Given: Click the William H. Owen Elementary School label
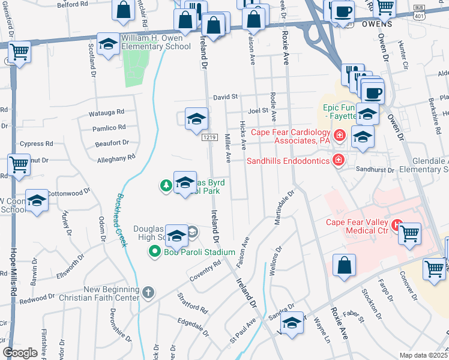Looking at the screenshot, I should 156,42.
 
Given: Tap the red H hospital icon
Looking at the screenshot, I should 396,226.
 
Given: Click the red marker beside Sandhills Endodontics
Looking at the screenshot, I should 339,160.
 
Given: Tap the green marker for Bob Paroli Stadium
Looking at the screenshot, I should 155,252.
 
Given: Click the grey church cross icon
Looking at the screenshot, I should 148,293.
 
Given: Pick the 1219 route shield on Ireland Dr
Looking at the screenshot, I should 209,137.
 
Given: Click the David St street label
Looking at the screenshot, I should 226,97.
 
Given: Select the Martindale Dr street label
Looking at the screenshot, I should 286,208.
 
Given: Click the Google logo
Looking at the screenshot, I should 20,353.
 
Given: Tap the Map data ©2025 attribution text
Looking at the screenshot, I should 423,355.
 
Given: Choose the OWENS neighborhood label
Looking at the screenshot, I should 377,25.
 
